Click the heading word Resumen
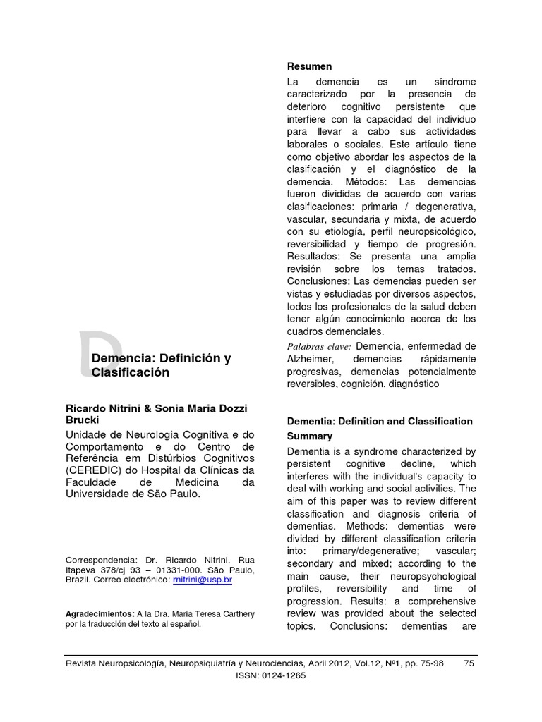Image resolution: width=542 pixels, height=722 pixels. point(309,66)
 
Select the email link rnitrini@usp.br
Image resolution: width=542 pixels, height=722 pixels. point(202,579)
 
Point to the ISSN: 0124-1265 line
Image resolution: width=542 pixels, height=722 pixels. point(270,675)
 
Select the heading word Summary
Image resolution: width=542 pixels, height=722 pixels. point(309,436)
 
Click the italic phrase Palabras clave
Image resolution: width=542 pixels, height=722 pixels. point(319,346)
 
